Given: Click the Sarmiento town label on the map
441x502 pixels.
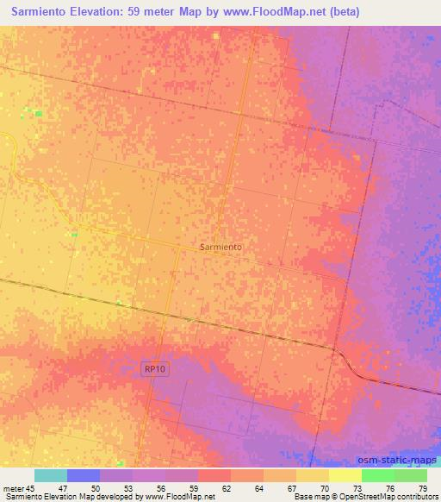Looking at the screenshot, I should point(220,247).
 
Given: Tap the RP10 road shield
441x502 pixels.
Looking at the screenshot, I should point(153,368).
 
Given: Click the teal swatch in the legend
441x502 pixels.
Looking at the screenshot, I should point(51,475).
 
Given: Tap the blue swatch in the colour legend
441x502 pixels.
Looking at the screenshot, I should point(84,475).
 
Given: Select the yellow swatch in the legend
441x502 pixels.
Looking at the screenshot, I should point(345,475).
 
